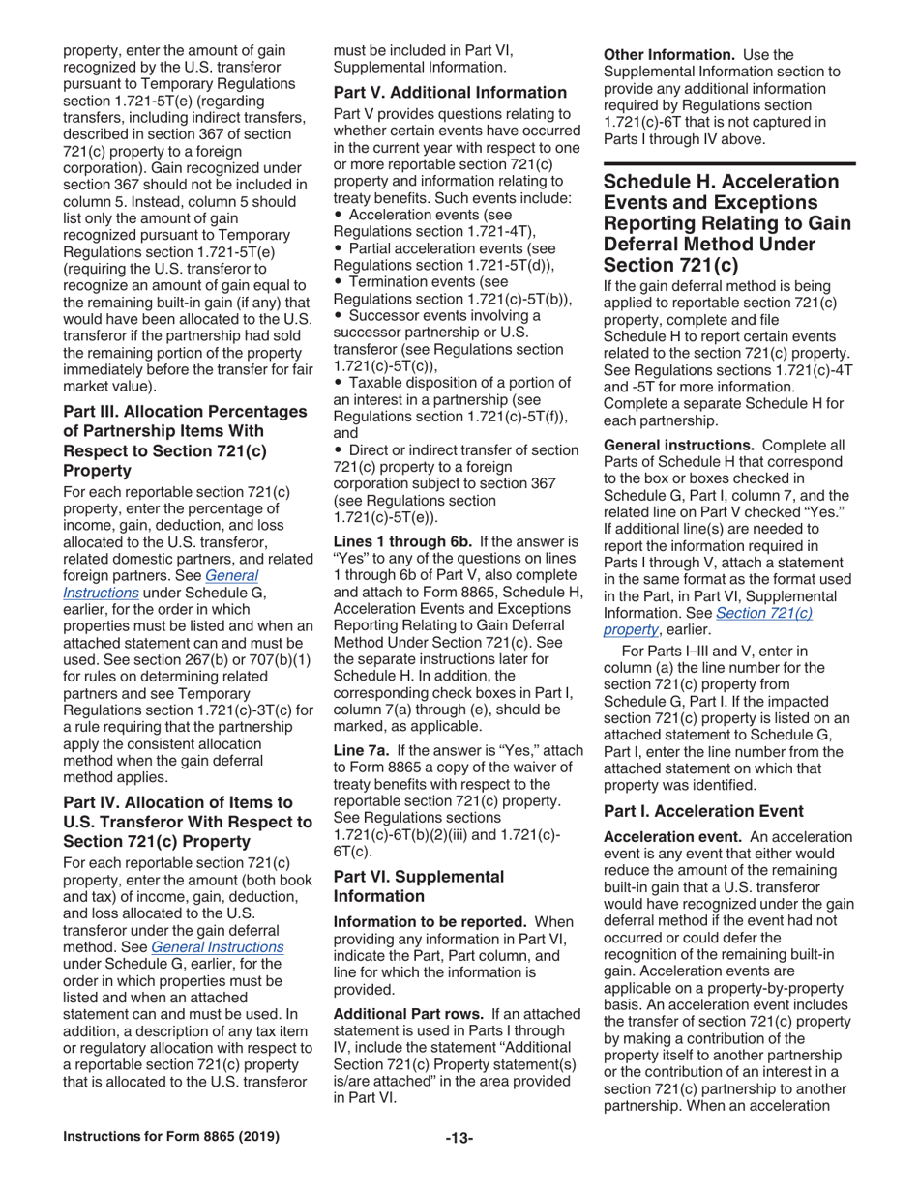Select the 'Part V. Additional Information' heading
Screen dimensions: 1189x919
(449, 94)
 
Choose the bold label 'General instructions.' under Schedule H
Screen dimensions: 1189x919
(679, 445)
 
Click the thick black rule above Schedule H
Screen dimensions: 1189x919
(729, 165)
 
